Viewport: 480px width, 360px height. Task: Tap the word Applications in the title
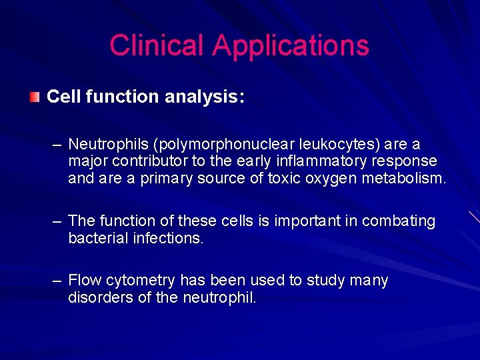click(291, 45)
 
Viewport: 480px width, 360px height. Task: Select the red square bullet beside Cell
click(34, 97)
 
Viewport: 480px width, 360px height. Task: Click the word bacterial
click(95, 238)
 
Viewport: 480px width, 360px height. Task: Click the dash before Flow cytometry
click(57, 281)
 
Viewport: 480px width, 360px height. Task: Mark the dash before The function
click(57, 221)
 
